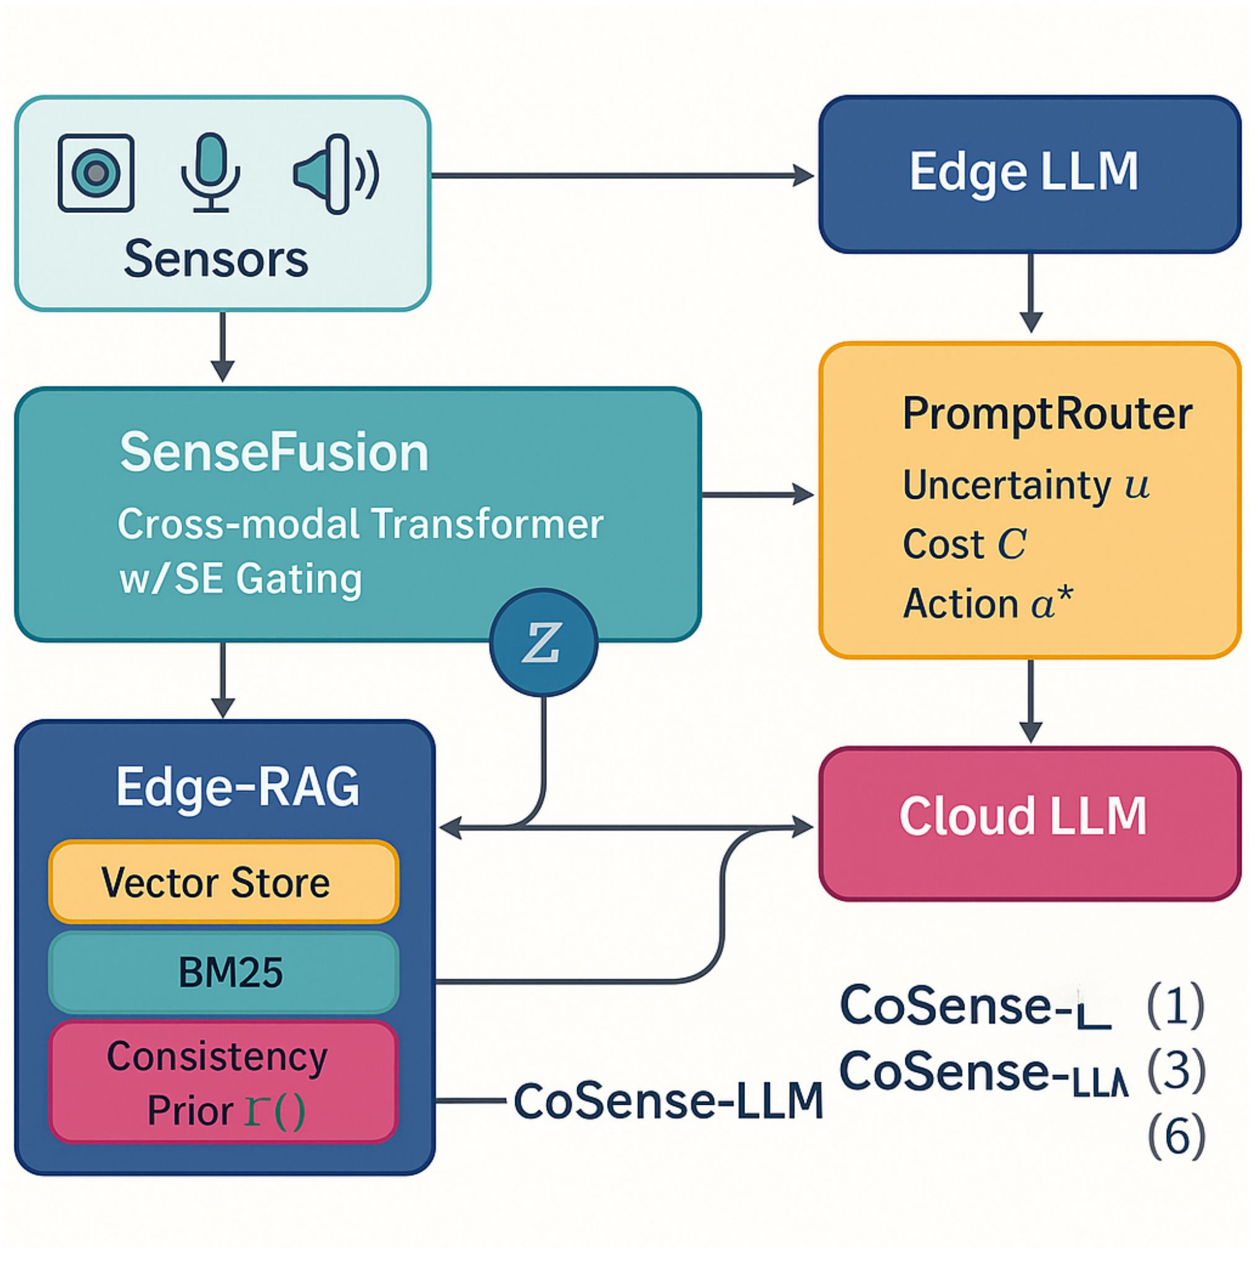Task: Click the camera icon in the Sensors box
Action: (x=97, y=173)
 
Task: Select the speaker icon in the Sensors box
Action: (x=335, y=174)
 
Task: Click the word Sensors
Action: (x=216, y=259)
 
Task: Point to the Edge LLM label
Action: (x=1024, y=172)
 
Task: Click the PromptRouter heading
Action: (x=1047, y=414)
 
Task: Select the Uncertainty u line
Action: (x=1026, y=485)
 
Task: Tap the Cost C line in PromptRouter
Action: (x=964, y=545)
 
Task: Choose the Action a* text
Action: (x=987, y=603)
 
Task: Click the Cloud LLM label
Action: (x=1023, y=816)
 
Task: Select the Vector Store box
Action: (x=224, y=882)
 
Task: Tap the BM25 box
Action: (x=224, y=972)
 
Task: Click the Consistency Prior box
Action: (x=224, y=1083)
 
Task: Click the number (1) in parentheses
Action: (x=1176, y=1006)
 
